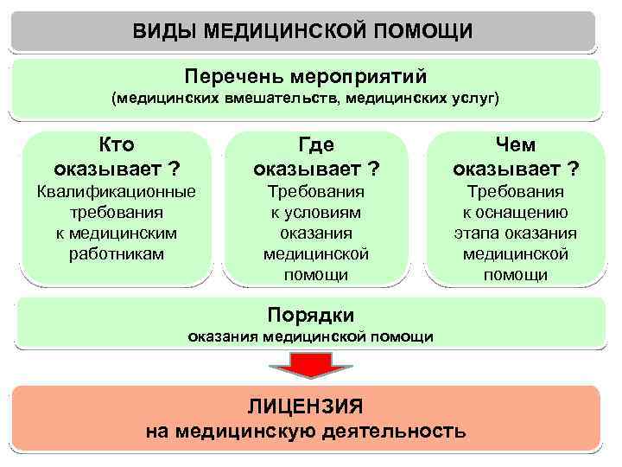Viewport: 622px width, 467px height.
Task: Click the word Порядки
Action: point(310,314)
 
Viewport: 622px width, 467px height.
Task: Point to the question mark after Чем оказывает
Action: point(573,167)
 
